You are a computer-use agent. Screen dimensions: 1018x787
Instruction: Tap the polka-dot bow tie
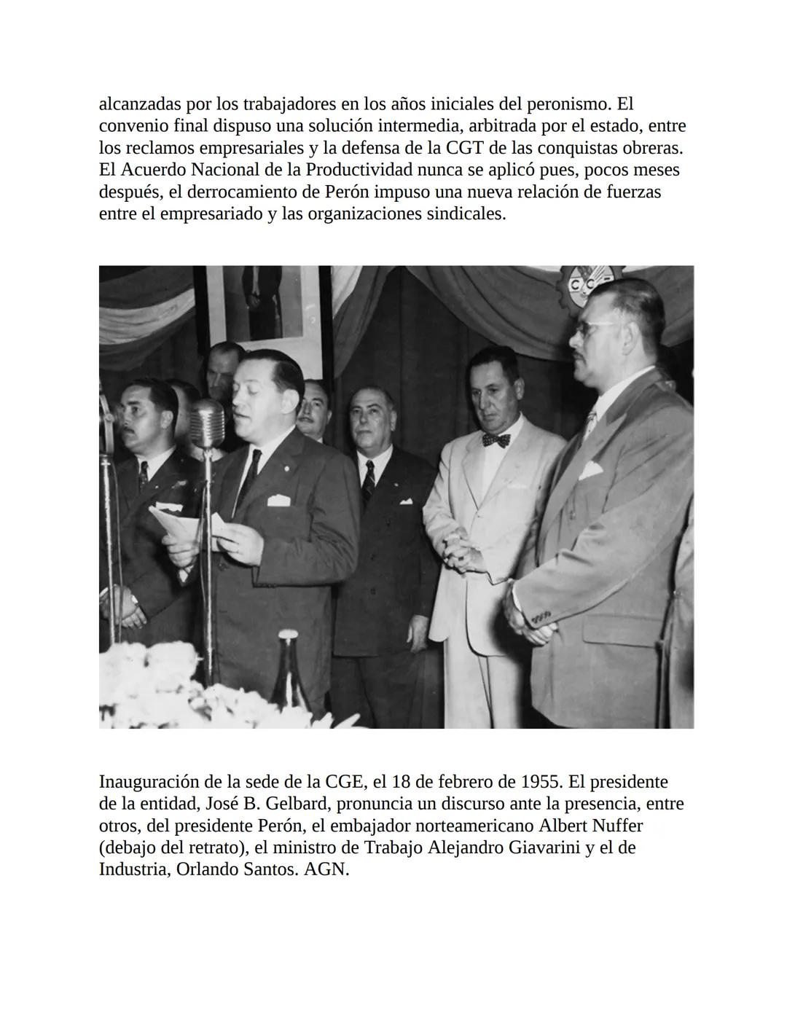[496, 440]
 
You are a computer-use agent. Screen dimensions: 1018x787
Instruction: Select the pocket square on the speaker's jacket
[279, 500]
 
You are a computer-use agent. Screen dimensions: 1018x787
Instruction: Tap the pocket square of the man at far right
[590, 469]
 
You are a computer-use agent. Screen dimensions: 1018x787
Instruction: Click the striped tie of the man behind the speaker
[369, 482]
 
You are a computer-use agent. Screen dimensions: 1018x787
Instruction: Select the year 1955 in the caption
[541, 782]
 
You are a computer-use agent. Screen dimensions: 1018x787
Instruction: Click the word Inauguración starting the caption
[148, 782]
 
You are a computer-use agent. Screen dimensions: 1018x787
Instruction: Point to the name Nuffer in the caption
[619, 826]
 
